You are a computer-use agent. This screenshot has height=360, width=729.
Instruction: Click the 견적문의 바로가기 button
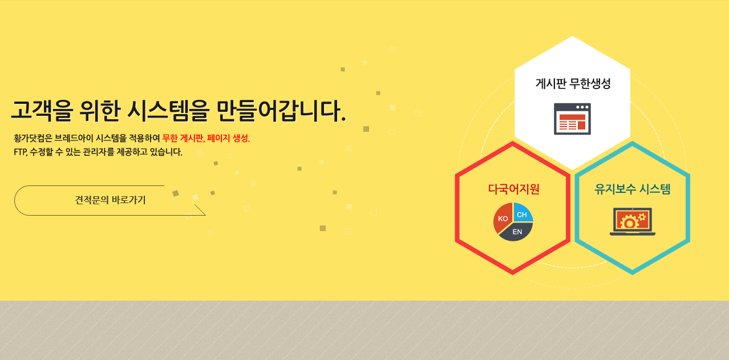(110, 200)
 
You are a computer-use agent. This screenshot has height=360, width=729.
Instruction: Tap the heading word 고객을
(38, 111)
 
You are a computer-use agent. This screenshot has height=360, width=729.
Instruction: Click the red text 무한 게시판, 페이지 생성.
(206, 138)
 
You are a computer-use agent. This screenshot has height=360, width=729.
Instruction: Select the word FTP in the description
(21, 152)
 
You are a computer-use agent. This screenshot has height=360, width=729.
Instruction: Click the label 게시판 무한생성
(573, 84)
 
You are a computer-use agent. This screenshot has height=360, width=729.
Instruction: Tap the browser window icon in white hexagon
(572, 119)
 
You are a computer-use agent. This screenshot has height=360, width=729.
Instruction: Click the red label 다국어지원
(513, 189)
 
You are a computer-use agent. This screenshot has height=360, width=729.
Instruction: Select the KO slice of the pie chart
(503, 219)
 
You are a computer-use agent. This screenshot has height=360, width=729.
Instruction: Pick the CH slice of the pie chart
(522, 214)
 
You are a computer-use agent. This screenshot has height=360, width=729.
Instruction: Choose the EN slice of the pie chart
(517, 232)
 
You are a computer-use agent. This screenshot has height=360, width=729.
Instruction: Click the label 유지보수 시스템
(632, 189)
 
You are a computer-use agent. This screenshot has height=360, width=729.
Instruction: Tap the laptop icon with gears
(632, 222)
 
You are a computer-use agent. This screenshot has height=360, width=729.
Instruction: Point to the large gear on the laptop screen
(629, 223)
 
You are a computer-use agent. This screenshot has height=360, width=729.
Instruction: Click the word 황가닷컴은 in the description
(33, 138)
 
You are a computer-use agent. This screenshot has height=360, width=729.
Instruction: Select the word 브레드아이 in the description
(74, 138)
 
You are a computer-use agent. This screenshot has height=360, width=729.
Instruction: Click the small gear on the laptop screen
(642, 217)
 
